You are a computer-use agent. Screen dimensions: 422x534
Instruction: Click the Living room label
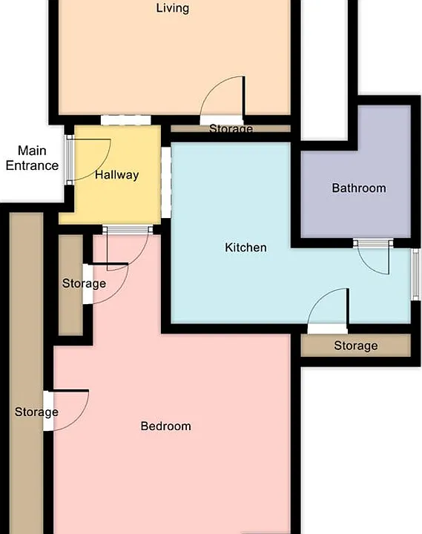coord(172,8)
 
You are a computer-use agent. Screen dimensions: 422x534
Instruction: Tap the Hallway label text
coord(117,175)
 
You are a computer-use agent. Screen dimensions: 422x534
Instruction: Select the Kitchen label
coord(246,248)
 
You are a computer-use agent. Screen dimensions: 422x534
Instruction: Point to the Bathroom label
coord(359,188)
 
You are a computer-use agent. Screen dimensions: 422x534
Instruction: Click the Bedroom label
coord(166,426)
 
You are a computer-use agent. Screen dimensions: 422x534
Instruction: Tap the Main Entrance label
coord(32,158)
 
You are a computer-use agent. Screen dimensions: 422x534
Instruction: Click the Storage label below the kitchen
coord(356,346)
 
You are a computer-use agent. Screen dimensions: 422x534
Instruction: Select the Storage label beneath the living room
coord(231,128)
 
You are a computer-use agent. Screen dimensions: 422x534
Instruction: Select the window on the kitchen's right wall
coord(415,274)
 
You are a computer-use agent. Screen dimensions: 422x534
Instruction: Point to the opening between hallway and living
coord(125,120)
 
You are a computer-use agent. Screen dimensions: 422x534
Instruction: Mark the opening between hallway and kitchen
coord(166,182)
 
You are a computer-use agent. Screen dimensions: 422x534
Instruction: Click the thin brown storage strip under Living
coord(231,129)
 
